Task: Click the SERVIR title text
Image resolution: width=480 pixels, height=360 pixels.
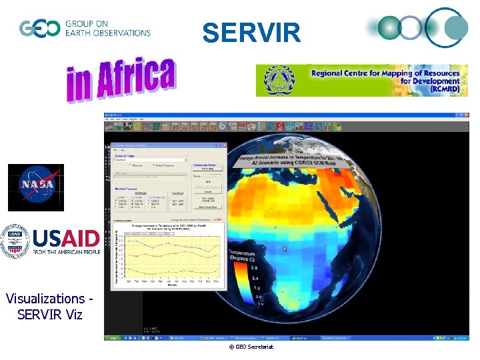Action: (x=251, y=32)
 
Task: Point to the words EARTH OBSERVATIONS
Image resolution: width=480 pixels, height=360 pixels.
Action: (x=107, y=33)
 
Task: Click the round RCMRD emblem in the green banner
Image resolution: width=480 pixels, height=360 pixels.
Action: (x=279, y=81)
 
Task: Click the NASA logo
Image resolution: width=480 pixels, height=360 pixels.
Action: (x=35, y=187)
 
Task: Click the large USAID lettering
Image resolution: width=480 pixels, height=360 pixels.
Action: (x=66, y=238)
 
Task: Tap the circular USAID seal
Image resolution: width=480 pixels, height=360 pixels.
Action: (x=15, y=241)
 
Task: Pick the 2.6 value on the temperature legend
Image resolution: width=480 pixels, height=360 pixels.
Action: (x=256, y=268)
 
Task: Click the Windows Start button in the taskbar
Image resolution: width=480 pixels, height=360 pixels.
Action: (x=114, y=339)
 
